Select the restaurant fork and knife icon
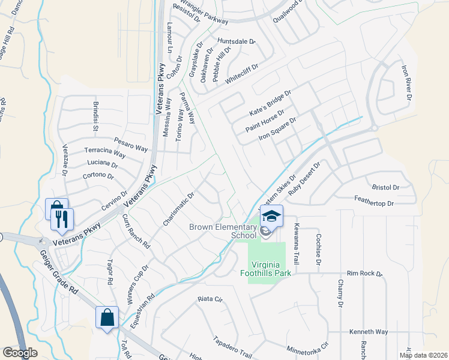[62, 219]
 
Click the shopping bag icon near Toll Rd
[107, 317]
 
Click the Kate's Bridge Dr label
[270, 104]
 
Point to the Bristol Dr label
[385, 188]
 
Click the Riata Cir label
[210, 298]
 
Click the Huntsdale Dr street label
[237, 41]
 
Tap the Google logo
[20, 353]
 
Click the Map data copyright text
[423, 355]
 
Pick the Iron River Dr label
[407, 83]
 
